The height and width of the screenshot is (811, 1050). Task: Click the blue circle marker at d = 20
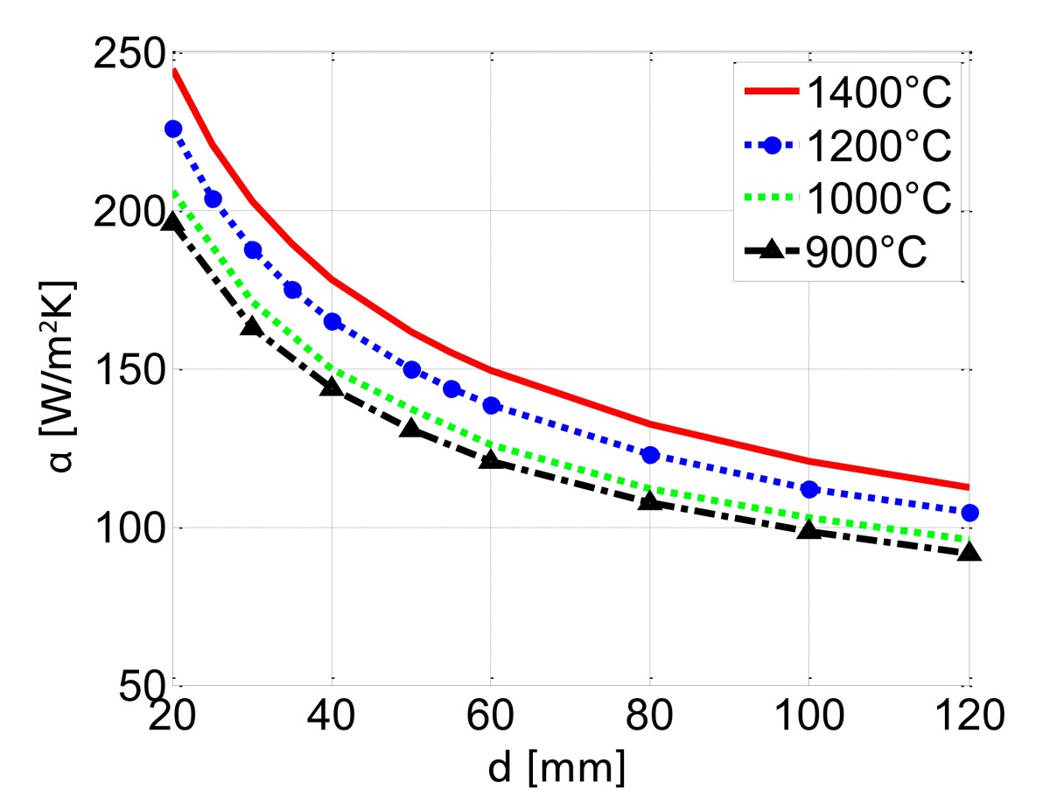(x=173, y=129)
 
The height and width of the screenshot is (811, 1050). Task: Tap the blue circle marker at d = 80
(x=650, y=455)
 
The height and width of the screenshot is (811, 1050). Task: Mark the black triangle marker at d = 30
(x=252, y=326)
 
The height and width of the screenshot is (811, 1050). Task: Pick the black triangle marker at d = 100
(x=808, y=529)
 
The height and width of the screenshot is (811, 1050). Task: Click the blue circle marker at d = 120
(x=969, y=513)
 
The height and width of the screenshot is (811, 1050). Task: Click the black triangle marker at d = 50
(x=411, y=428)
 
